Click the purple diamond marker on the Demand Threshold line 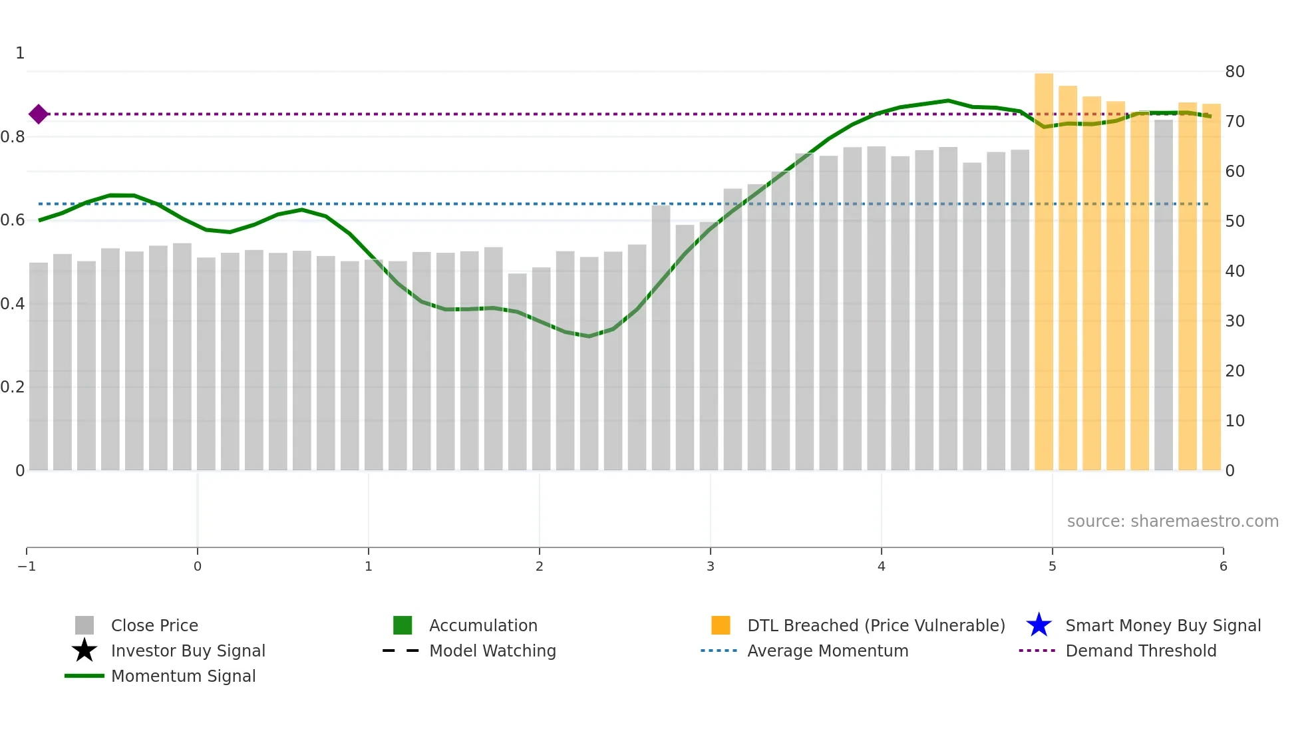click(x=39, y=114)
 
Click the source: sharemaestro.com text click(x=1172, y=521)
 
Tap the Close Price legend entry click(x=154, y=625)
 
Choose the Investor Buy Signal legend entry click(x=188, y=651)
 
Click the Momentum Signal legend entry click(x=183, y=676)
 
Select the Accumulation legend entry click(x=483, y=625)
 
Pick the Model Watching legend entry click(x=492, y=651)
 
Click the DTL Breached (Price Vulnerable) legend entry click(x=876, y=625)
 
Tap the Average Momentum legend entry click(x=828, y=651)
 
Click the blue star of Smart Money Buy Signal click(x=1039, y=625)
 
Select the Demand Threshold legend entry click(x=1140, y=651)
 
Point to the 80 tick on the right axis click(x=1235, y=72)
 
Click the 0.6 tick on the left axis click(x=13, y=220)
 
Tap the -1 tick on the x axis click(x=27, y=566)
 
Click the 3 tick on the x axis click(x=711, y=566)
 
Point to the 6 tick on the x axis click(x=1223, y=566)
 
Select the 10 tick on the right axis click(x=1235, y=421)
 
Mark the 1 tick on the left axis click(x=20, y=53)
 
